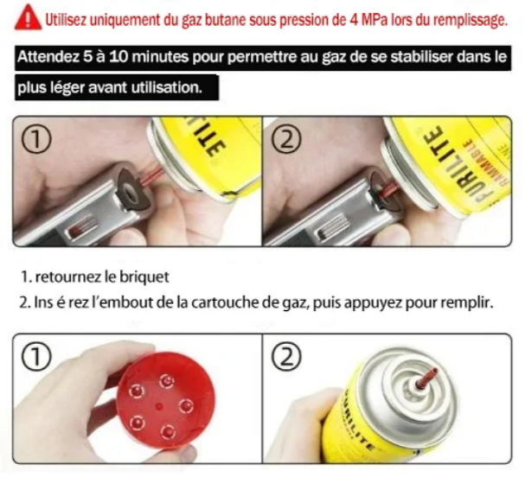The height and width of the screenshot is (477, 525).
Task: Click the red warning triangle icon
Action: coord(28,18)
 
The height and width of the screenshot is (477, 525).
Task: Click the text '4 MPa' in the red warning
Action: coord(368,20)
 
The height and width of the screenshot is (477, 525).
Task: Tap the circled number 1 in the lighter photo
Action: coord(36,139)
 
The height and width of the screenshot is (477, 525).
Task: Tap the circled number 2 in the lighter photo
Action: coord(286,139)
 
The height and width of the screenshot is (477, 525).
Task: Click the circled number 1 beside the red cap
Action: coord(36,357)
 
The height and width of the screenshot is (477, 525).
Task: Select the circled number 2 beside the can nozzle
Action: coord(286,357)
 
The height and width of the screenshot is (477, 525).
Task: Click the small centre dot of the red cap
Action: coord(159,407)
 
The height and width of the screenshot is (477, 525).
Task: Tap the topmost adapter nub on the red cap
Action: coord(167,381)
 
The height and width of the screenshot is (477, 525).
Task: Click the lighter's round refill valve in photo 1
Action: coord(131,188)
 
